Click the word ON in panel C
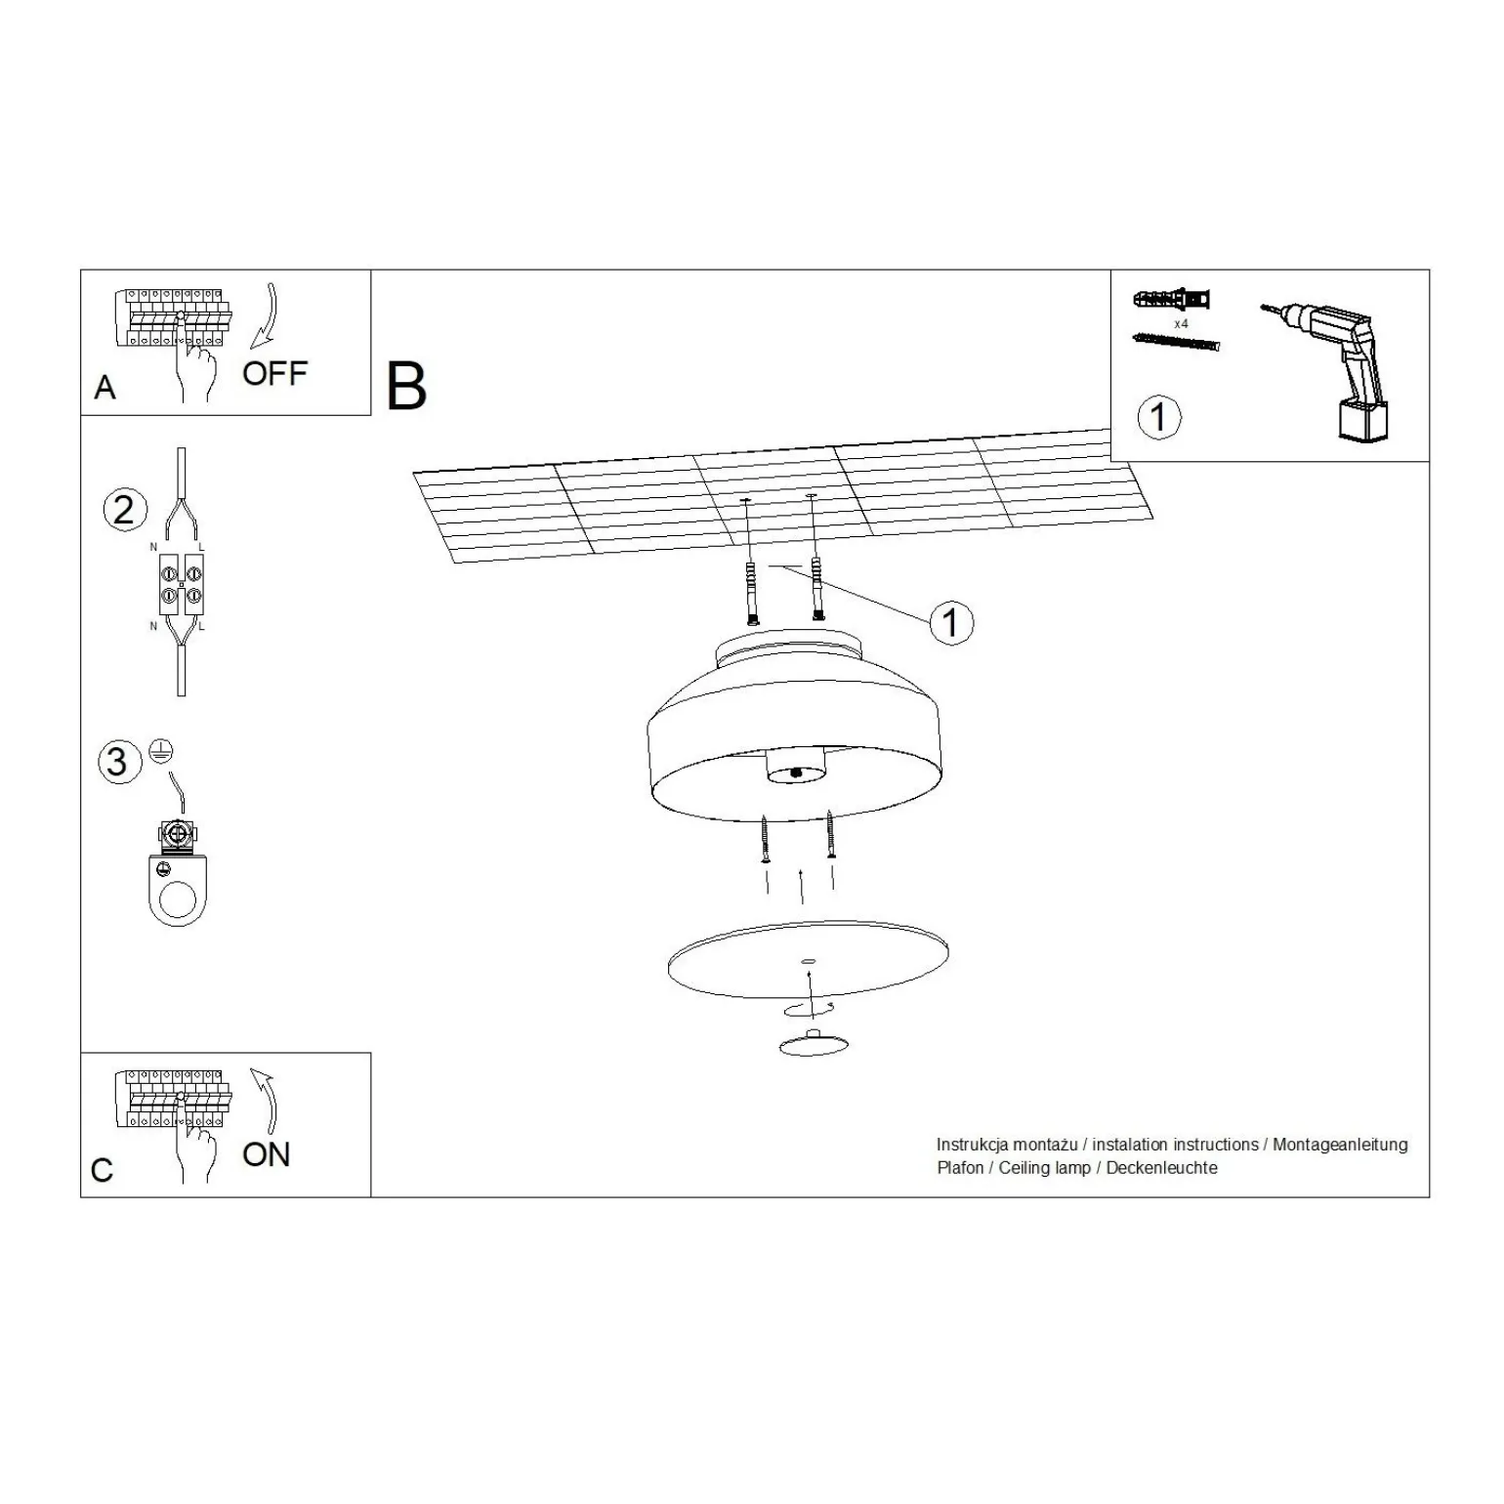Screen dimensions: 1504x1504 [267, 1154]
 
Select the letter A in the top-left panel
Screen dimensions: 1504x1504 [104, 388]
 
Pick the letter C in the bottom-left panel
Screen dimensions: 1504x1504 [102, 1170]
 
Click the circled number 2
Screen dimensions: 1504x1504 [124, 510]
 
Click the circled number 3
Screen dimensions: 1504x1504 [118, 762]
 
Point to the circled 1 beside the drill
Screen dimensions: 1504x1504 [1158, 417]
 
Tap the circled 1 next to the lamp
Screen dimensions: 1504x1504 [951, 622]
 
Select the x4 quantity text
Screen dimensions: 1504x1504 [1181, 322]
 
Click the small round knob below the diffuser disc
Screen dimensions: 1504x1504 [809, 1044]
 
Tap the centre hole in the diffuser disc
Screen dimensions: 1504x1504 [808, 962]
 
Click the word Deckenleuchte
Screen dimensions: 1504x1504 [1162, 1168]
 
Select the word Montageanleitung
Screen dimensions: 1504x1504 [1340, 1145]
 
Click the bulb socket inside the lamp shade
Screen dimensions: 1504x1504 [797, 767]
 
